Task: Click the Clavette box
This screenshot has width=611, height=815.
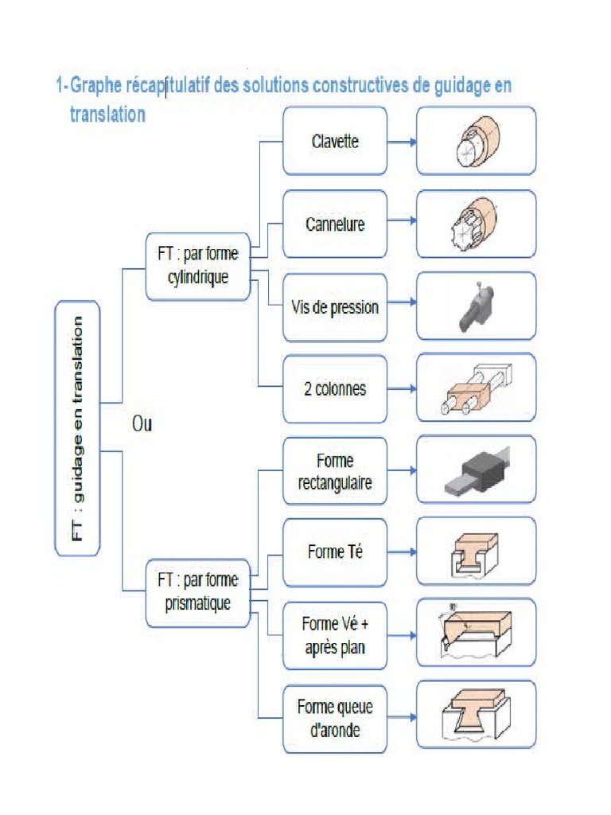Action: point(335,141)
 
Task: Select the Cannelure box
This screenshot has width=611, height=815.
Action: point(335,224)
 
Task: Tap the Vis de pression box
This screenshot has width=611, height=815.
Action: point(335,307)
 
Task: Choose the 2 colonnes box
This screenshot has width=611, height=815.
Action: point(335,389)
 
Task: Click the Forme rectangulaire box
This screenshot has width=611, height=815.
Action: point(335,471)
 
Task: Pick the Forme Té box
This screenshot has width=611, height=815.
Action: point(335,552)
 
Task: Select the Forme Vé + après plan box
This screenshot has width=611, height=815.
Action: point(335,635)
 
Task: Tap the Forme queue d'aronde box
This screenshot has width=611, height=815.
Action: point(335,718)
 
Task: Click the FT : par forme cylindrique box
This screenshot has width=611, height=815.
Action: point(198,266)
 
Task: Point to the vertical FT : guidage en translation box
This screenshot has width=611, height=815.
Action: point(77,427)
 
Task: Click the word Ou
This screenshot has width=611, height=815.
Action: point(142,424)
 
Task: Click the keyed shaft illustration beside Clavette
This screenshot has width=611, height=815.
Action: point(476,141)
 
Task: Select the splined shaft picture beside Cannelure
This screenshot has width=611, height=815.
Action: point(476,224)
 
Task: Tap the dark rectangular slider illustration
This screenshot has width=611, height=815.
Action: point(476,471)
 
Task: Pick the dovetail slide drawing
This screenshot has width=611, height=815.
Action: point(476,718)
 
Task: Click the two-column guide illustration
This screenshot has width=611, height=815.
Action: point(476,389)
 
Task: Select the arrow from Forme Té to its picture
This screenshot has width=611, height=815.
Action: point(402,552)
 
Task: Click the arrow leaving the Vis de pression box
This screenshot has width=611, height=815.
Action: point(402,303)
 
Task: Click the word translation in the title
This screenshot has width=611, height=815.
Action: point(107,115)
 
